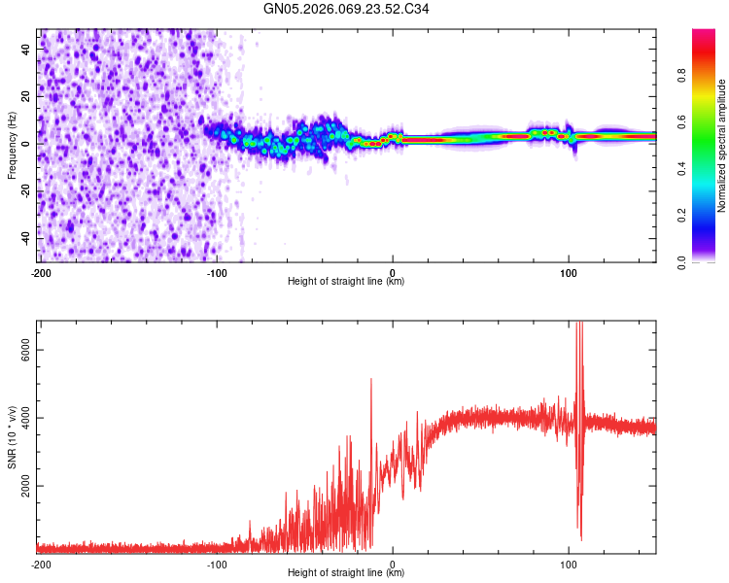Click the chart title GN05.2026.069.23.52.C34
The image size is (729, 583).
point(347,11)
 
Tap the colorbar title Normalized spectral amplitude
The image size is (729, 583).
point(721,147)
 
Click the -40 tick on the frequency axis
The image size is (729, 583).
point(23,238)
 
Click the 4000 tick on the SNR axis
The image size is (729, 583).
point(19,419)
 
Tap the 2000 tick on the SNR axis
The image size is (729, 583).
point(19,486)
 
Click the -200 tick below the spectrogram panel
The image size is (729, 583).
point(40,273)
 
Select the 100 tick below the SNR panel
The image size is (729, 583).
point(569,565)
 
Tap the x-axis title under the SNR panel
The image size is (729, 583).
point(347,573)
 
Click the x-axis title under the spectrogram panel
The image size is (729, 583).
point(347,282)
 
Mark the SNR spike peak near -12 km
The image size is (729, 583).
point(371,380)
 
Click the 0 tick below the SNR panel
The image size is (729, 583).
point(392,565)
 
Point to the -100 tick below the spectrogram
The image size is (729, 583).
point(216,273)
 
